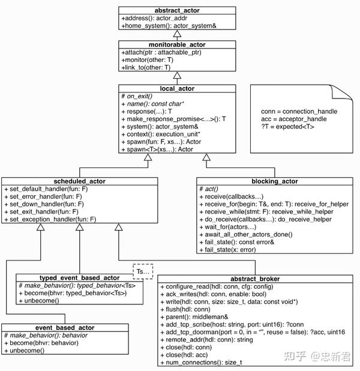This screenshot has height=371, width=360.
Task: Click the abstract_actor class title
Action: [x=176, y=10]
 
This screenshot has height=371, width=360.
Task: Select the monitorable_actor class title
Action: [x=176, y=44]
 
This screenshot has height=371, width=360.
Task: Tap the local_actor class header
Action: [x=176, y=88]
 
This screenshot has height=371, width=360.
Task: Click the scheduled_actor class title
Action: [x=79, y=181]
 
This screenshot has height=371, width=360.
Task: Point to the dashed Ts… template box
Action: [x=142, y=271]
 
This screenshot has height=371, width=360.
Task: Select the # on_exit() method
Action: [x=137, y=96]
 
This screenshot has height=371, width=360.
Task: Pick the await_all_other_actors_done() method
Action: [x=256, y=235]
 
